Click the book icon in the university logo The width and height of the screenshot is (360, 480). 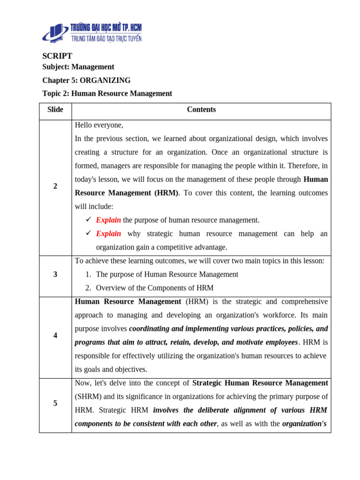[56, 32]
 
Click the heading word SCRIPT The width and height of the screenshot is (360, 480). [57, 56]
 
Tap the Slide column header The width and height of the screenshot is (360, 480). [55, 110]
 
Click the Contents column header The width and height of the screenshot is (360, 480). [201, 110]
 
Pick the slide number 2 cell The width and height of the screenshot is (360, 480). [55, 186]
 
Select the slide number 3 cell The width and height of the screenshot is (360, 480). [55, 274]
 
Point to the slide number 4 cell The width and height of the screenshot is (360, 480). [55, 336]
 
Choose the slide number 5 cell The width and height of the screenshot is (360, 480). [55, 403]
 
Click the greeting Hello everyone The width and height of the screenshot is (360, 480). [99, 125]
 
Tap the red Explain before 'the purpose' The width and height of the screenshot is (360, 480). [108, 220]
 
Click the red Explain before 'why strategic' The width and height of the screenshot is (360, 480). [108, 233]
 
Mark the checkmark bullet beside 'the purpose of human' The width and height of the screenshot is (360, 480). [89, 220]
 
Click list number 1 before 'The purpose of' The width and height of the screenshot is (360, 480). [88, 274]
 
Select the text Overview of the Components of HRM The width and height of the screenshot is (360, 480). [154, 288]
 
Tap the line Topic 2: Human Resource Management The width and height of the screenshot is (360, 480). [107, 93]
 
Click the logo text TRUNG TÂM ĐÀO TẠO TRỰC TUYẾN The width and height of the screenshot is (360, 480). [106, 38]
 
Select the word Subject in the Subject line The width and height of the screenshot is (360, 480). [55, 67]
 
